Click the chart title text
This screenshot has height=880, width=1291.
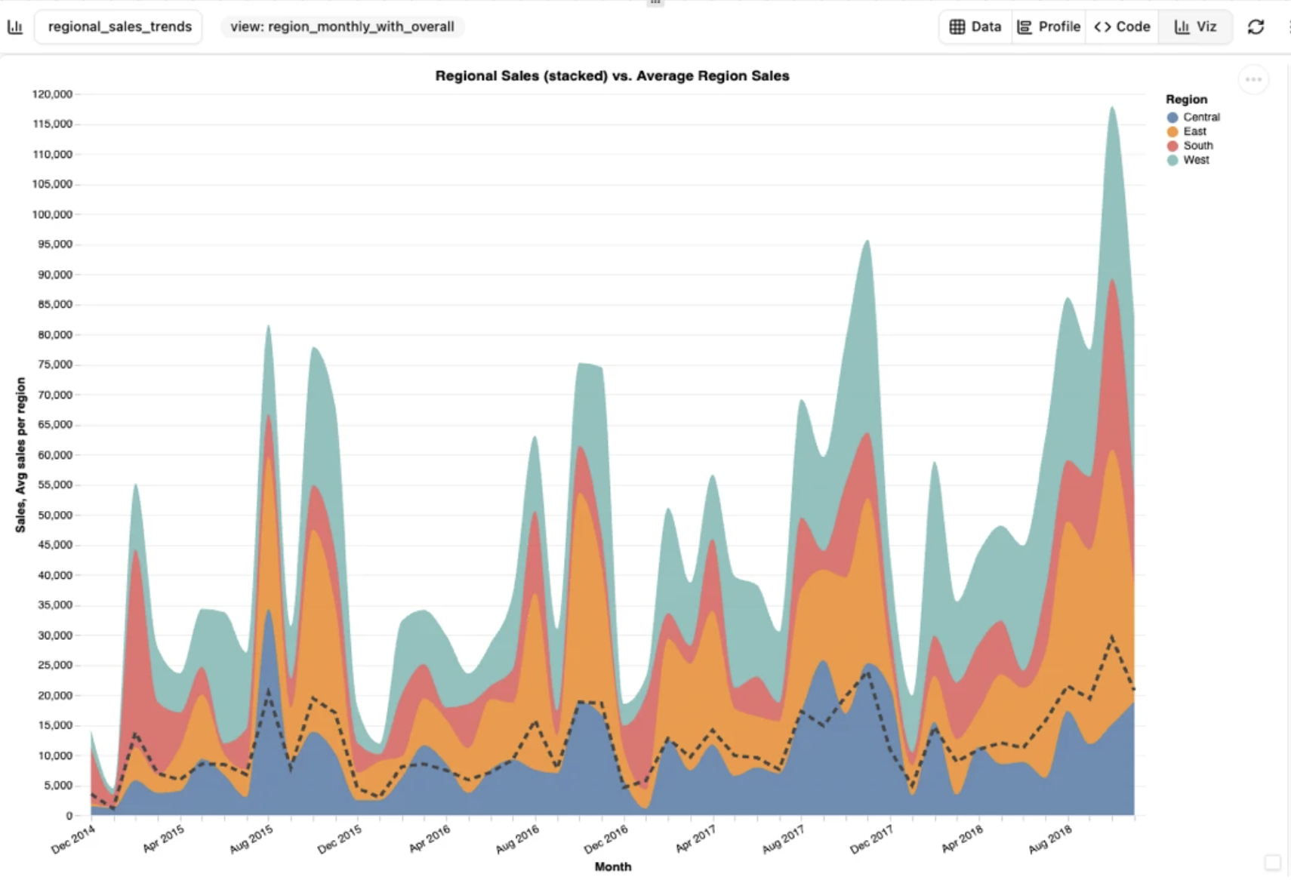pyautogui.click(x=612, y=75)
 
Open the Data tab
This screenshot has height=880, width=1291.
pyautogui.click(x=975, y=26)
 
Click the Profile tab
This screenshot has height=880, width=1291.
pyautogui.click(x=1049, y=26)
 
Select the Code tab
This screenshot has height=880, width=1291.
pyautogui.click(x=1122, y=26)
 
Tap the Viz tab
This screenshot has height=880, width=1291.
pyautogui.click(x=1195, y=26)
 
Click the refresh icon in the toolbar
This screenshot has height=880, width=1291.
pyautogui.click(x=1256, y=27)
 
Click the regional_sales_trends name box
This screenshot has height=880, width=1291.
pyautogui.click(x=119, y=26)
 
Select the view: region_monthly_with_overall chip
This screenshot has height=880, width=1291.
pyautogui.click(x=342, y=26)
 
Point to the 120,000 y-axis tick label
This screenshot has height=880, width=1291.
pyautogui.click(x=52, y=94)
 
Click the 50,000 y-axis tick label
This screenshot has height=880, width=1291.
pyautogui.click(x=54, y=515)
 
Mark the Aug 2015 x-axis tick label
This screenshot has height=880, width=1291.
pyautogui.click(x=252, y=839)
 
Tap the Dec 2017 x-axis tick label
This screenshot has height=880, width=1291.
pyautogui.click(x=872, y=839)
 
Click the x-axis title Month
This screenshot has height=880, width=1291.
pyautogui.click(x=612, y=866)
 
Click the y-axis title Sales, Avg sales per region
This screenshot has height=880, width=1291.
pyautogui.click(x=20, y=455)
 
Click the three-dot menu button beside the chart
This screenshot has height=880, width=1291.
pyautogui.click(x=1253, y=79)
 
